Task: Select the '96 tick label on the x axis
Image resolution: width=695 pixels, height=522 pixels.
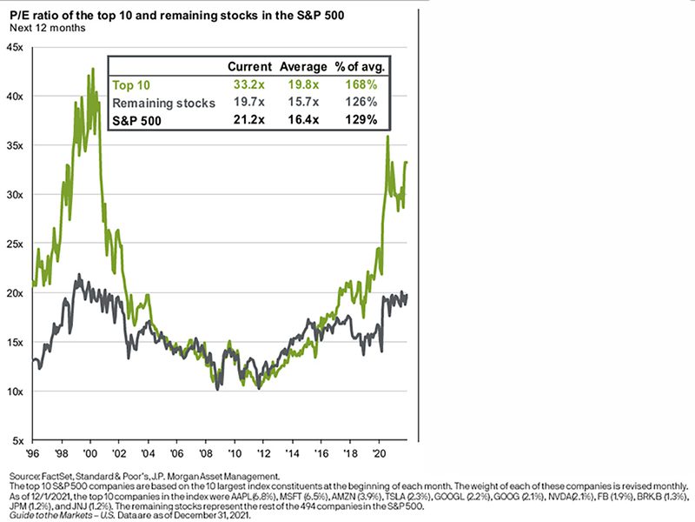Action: (x=33, y=455)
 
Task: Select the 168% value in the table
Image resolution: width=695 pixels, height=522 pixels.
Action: (x=359, y=85)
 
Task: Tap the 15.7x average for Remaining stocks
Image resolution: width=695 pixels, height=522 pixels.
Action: (x=301, y=103)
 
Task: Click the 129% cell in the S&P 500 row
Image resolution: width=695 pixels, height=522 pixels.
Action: (x=359, y=120)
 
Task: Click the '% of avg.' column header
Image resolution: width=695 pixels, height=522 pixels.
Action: (x=358, y=67)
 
